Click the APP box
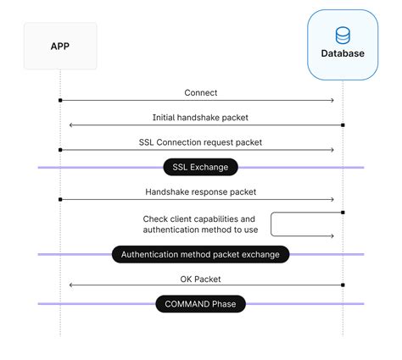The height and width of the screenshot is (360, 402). pos(60,46)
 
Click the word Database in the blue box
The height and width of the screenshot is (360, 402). pos(343,53)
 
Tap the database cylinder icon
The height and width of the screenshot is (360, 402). pos(343,36)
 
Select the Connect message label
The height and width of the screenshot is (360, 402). pos(201,92)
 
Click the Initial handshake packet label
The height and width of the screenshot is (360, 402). pos(201,118)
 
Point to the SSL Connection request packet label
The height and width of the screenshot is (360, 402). pos(201,142)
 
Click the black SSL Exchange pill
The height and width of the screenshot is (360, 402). pos(201,167)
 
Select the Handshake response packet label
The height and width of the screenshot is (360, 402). pos(201,192)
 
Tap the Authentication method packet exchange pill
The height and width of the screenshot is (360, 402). pos(201,254)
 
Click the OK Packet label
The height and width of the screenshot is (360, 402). pos(201,278)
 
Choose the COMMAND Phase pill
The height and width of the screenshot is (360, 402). pos(201,303)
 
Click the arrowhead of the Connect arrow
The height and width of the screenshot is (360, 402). pos(332,101)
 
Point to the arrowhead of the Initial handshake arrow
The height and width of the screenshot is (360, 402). pos(70,125)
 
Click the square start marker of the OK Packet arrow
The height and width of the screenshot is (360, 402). pos(343,285)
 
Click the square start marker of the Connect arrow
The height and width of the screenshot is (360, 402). pos(60,101)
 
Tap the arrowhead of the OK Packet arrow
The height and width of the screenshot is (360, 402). pos(70,285)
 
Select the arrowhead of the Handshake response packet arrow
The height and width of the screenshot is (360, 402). pos(332,200)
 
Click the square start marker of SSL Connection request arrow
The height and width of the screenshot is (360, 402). pos(60,150)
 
